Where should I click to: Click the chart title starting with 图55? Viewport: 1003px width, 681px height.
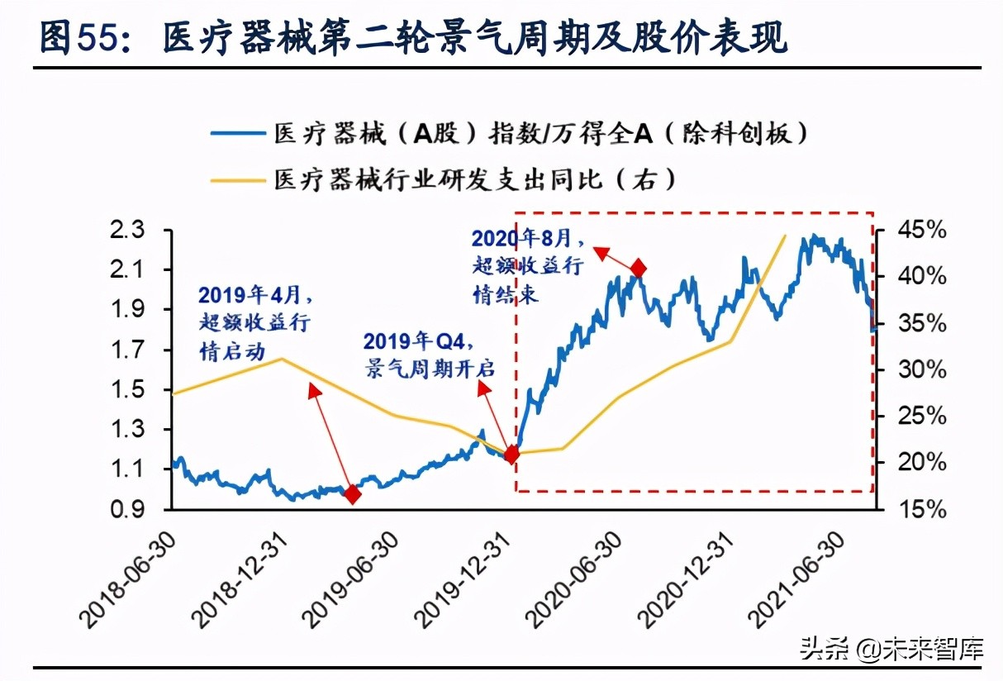(x=413, y=39)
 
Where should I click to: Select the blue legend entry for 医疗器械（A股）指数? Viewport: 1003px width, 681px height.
(x=509, y=133)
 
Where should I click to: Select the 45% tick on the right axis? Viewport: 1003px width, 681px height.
(x=922, y=230)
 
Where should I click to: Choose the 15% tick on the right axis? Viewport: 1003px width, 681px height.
(x=922, y=509)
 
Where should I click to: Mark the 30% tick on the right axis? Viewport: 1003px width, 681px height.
(x=922, y=369)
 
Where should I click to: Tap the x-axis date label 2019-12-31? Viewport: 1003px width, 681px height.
(x=465, y=579)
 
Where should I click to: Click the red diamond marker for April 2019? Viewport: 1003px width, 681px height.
(x=353, y=494)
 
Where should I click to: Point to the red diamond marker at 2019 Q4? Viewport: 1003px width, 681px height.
(x=511, y=454)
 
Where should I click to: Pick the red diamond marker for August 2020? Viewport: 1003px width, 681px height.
(x=638, y=268)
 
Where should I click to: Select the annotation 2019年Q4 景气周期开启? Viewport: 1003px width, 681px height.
(x=429, y=355)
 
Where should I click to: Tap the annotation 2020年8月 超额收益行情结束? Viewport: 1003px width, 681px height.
(x=528, y=265)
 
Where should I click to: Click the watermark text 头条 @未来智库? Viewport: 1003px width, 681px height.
(x=891, y=650)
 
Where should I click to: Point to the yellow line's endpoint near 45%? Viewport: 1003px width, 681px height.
(x=784, y=236)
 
